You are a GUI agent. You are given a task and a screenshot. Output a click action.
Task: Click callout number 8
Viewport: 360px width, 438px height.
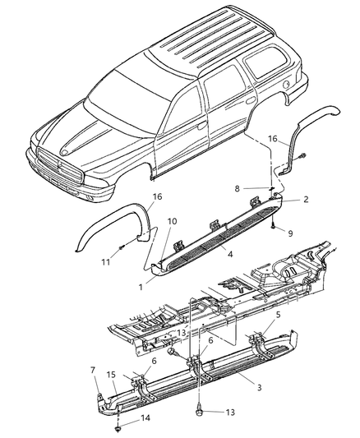[237, 189]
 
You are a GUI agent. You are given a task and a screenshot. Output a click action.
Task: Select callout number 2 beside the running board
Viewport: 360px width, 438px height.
[306, 199]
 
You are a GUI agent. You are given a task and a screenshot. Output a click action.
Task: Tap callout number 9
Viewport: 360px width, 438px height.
[290, 233]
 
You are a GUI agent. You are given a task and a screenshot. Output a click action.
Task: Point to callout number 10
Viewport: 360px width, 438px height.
[172, 221]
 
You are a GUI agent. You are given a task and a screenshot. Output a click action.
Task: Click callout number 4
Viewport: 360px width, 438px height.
[230, 255]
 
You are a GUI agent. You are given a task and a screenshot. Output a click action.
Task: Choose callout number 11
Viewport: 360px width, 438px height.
[105, 262]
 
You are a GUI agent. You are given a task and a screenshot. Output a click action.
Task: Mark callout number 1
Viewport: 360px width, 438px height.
[141, 287]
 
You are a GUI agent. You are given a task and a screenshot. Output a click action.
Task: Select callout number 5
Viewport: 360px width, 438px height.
[278, 315]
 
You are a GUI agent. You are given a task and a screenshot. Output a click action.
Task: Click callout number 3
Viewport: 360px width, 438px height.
[259, 387]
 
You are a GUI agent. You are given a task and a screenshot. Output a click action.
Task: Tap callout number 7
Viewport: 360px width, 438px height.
[93, 371]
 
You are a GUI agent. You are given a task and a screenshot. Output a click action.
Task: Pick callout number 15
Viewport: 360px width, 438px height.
[111, 375]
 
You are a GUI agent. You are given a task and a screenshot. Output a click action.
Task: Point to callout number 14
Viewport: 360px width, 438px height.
[145, 418]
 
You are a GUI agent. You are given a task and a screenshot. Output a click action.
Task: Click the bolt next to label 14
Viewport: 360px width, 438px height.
[118, 428]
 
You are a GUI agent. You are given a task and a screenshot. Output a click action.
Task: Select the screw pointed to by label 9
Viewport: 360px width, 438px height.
[273, 227]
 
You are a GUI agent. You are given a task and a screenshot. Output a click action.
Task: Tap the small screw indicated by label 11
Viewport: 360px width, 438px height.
[121, 247]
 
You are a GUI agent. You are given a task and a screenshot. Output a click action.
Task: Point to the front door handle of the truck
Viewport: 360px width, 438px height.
[201, 126]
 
